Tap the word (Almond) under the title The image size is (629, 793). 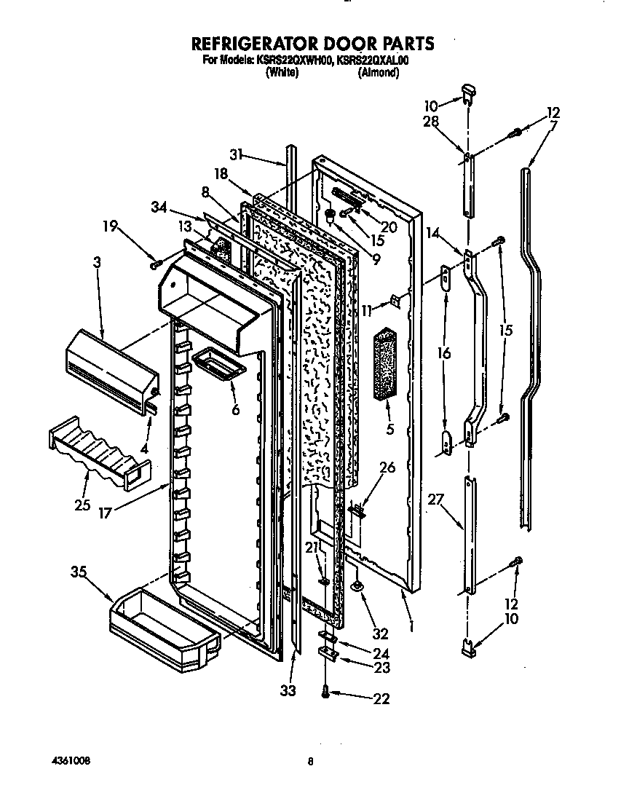tap(378, 73)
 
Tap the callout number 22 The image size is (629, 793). tap(380, 699)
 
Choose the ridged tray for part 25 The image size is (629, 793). tap(92, 453)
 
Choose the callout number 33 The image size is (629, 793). tap(289, 690)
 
